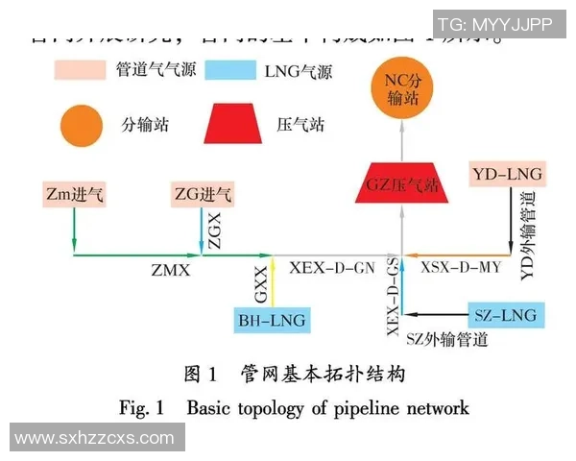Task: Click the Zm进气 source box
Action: click(x=75, y=195)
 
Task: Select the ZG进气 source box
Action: click(x=202, y=195)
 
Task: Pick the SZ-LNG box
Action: click(x=505, y=314)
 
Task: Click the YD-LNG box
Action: click(x=508, y=175)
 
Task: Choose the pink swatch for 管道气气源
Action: click(x=82, y=70)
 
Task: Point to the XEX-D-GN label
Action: click(x=331, y=269)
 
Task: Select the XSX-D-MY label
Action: click(x=462, y=269)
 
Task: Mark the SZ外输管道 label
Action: click(x=446, y=339)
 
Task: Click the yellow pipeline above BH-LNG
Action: click(x=273, y=281)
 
